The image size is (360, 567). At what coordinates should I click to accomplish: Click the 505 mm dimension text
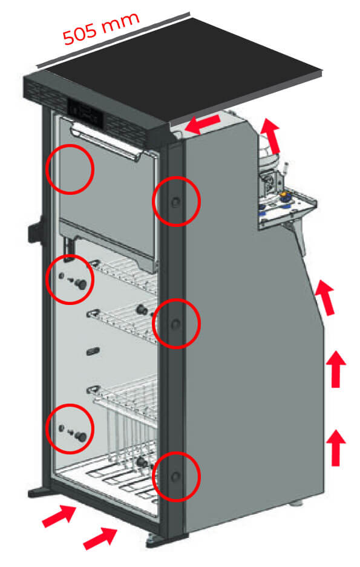102,29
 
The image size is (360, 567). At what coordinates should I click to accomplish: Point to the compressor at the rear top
270,159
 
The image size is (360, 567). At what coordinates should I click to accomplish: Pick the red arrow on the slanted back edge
326,297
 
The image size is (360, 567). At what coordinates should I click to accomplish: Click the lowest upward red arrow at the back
336,445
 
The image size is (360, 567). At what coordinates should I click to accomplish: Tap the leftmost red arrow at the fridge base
58,517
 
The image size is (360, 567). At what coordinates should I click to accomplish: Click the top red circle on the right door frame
175,202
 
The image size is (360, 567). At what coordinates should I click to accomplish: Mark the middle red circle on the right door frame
175,324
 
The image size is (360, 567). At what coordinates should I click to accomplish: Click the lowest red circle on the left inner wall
70,428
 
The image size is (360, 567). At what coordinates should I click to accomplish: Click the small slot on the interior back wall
93,350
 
